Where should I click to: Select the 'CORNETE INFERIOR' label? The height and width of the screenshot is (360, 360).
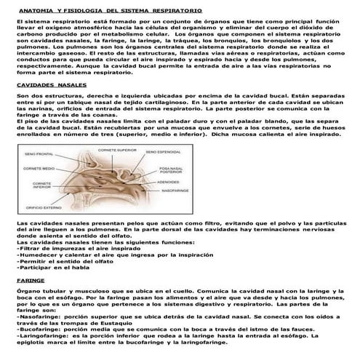[36, 187]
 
